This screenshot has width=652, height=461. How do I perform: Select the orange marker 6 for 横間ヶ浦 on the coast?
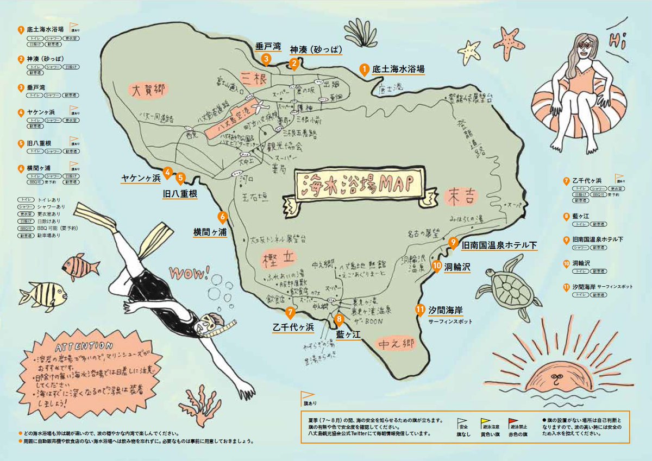[x=222, y=217]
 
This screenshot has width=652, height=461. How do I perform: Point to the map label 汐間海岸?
[x=446, y=310]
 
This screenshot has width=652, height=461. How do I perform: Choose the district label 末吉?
[x=463, y=196]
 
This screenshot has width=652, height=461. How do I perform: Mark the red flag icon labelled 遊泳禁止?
[x=513, y=422]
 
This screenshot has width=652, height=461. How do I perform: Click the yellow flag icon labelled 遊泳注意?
[x=487, y=422]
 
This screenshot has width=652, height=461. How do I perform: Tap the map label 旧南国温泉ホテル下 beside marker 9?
[x=499, y=245]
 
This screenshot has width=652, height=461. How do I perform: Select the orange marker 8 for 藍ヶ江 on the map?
[x=340, y=319]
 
